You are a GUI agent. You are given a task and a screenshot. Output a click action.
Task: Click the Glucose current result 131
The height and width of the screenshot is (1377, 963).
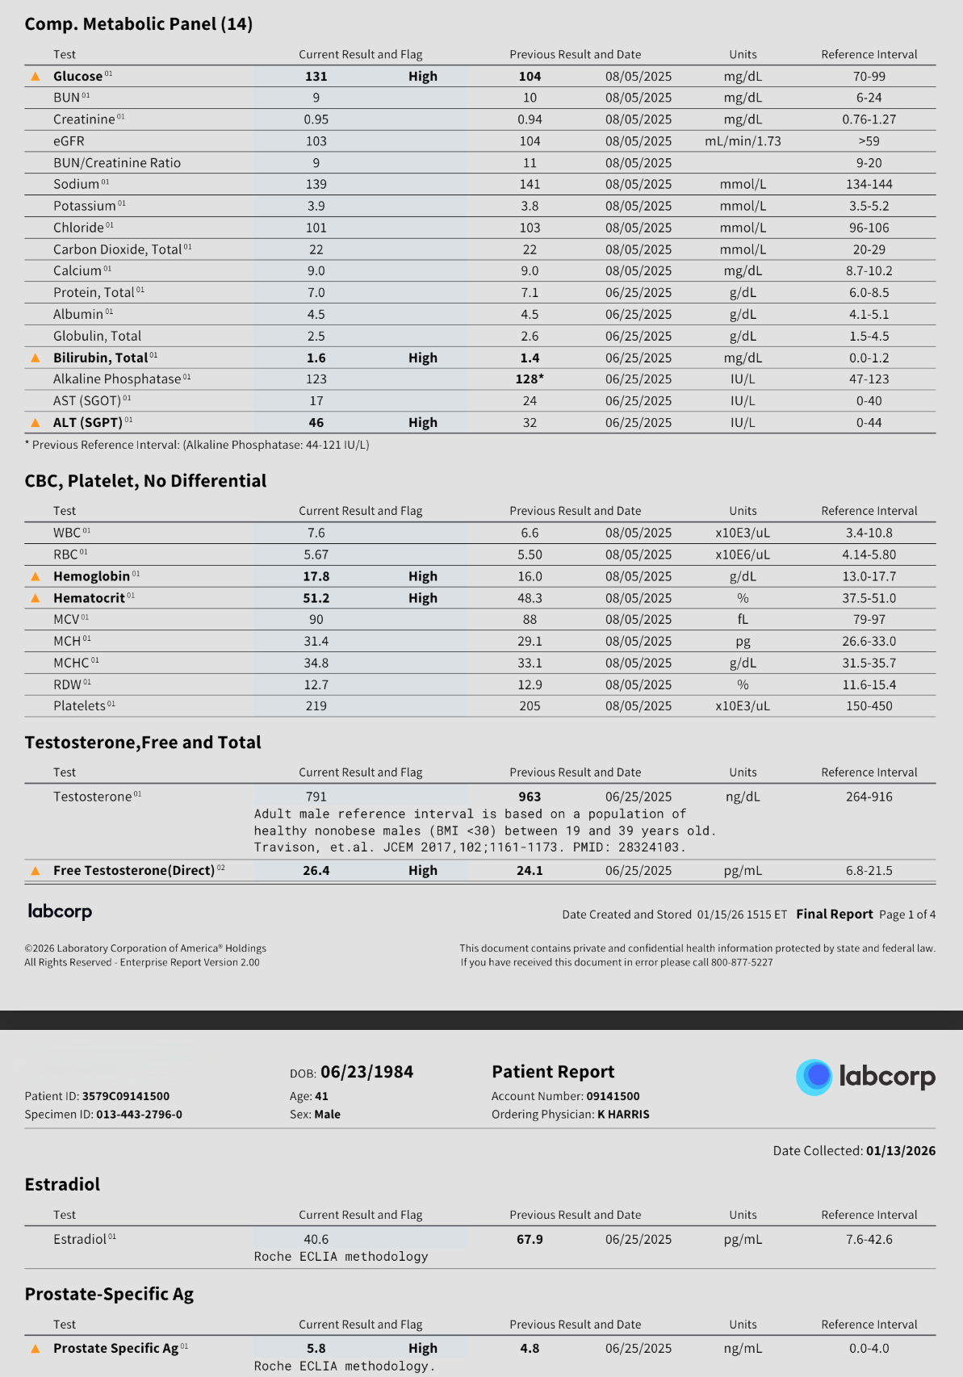pos(316,77)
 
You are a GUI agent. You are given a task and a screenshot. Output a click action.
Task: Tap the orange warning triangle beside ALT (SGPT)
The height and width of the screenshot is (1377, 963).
pos(36,423)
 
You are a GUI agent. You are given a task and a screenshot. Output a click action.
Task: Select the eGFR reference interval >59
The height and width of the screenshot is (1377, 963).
pos(869,141)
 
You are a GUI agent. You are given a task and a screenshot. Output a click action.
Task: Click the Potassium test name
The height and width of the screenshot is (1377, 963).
pos(85,207)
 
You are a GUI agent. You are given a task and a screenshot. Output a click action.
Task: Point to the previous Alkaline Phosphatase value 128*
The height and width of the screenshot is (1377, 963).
pos(530,379)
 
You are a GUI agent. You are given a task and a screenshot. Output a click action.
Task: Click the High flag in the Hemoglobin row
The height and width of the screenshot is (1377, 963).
pos(422,576)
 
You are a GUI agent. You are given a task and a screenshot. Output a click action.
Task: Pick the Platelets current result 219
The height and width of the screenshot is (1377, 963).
pos(316,706)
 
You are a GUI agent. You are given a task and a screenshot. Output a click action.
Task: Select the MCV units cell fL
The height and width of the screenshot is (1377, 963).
pos(743,620)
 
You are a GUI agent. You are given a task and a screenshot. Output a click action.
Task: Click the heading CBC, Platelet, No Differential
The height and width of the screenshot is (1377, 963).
pos(145,481)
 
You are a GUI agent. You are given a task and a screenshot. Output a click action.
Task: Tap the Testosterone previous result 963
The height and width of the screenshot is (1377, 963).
pos(530,797)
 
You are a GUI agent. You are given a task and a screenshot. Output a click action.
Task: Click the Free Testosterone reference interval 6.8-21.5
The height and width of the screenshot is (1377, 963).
pos(869,871)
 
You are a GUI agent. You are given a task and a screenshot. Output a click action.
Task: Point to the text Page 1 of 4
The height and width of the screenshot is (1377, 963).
pos(907,915)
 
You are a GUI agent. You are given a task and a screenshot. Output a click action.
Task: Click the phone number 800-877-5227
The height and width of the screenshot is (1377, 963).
pos(742,962)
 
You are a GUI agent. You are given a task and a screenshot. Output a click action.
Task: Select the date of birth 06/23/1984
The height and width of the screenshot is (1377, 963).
pos(366,1072)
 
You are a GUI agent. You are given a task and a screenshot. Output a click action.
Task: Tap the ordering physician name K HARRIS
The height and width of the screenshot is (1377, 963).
pos(623,1115)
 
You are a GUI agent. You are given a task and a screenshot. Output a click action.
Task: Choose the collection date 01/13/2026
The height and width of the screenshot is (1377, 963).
pos(900,1151)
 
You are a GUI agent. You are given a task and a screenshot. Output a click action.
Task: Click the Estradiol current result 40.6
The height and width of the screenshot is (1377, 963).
pos(316,1240)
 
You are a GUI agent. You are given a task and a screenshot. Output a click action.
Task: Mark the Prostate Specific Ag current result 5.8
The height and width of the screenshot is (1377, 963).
pos(316,1349)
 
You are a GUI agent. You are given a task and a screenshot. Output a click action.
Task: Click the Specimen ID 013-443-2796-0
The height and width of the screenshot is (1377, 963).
pos(139,1115)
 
